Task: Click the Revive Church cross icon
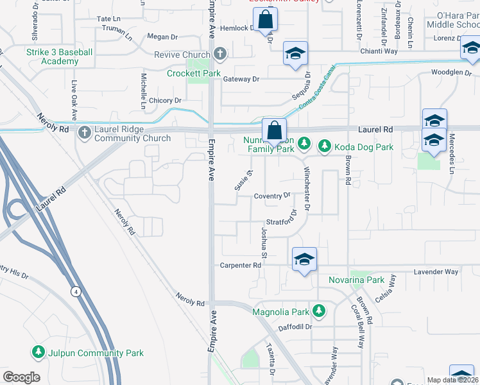(x=220, y=55)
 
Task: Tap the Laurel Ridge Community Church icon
(x=84, y=133)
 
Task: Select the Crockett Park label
(x=194, y=74)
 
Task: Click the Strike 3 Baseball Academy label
(x=60, y=56)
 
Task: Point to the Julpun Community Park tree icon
(x=39, y=352)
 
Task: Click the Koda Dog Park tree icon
(x=325, y=147)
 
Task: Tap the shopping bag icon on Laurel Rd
(x=274, y=130)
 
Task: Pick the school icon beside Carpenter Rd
(x=304, y=259)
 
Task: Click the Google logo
(x=21, y=377)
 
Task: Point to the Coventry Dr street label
(x=272, y=196)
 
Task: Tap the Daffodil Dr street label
(x=295, y=327)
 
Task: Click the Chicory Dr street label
(x=165, y=101)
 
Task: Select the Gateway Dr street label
(x=241, y=79)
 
